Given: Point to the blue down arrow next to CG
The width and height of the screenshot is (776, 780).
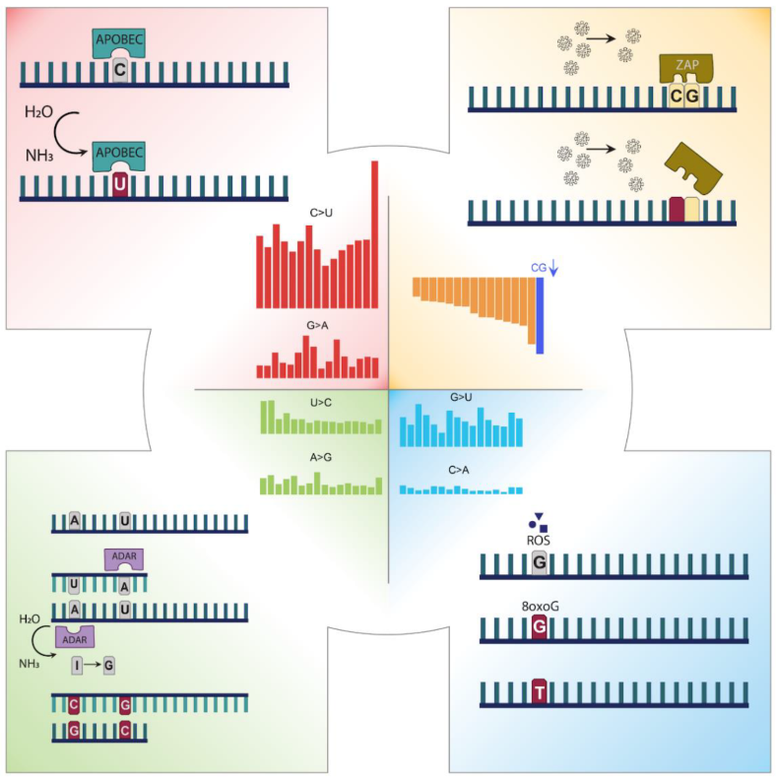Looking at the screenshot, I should pos(553,266).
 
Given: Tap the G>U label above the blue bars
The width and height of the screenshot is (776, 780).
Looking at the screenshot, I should pos(462,397).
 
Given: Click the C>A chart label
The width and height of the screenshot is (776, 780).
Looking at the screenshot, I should pos(461,471).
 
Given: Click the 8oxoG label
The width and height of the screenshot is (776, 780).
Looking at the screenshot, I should pos(538,607).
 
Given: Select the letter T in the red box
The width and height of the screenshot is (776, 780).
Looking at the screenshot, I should pos(538,693).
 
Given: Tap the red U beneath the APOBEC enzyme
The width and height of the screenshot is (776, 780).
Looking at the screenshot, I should pos(119,185).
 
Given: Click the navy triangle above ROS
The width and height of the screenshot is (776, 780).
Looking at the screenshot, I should pos(538,516).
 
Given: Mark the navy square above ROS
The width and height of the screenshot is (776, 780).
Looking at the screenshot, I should pos(543,528).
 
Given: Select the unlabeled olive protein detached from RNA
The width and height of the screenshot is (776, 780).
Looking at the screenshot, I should pos(693,170).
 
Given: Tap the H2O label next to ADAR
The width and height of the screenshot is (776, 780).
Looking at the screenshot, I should pos(31,618).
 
